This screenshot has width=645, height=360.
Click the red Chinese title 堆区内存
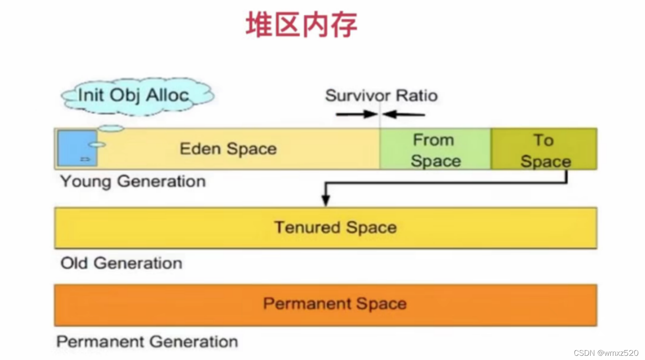tap(301, 25)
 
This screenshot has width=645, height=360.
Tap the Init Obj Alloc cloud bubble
tap(137, 96)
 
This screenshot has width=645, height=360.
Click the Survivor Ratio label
tap(381, 96)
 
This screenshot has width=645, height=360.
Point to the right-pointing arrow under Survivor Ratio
tap(357, 114)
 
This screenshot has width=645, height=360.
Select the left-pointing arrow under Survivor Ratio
tap(404, 114)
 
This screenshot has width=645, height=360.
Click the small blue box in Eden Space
tap(77, 148)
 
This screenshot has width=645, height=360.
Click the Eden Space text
tap(228, 149)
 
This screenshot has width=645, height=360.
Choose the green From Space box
tap(435, 149)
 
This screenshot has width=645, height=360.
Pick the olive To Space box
tap(544, 149)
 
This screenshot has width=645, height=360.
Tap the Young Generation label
tap(133, 181)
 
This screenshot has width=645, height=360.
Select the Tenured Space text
tap(336, 228)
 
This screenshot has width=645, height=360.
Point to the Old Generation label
tap(121, 263)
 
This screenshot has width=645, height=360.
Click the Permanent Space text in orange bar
tap(335, 304)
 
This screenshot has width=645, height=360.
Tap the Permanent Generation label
tap(147, 341)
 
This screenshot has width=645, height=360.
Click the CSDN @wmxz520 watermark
tap(606, 353)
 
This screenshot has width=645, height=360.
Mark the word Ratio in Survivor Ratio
tap(417, 96)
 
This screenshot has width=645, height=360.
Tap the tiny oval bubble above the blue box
tap(111, 128)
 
